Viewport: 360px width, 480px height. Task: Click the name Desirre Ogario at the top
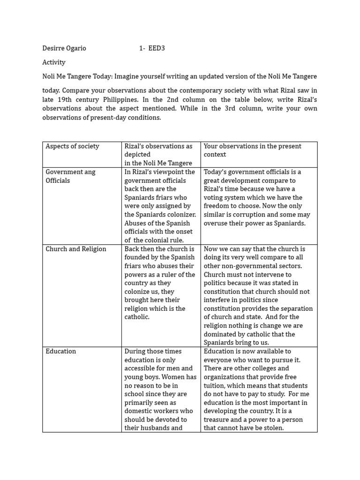64,48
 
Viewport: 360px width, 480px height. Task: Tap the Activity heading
54,62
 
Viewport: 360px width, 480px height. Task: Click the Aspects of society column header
72,146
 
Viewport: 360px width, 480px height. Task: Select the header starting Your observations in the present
252,146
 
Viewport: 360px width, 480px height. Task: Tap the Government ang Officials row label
70,176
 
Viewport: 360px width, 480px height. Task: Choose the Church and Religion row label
76,249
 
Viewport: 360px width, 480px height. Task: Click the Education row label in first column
60,351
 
